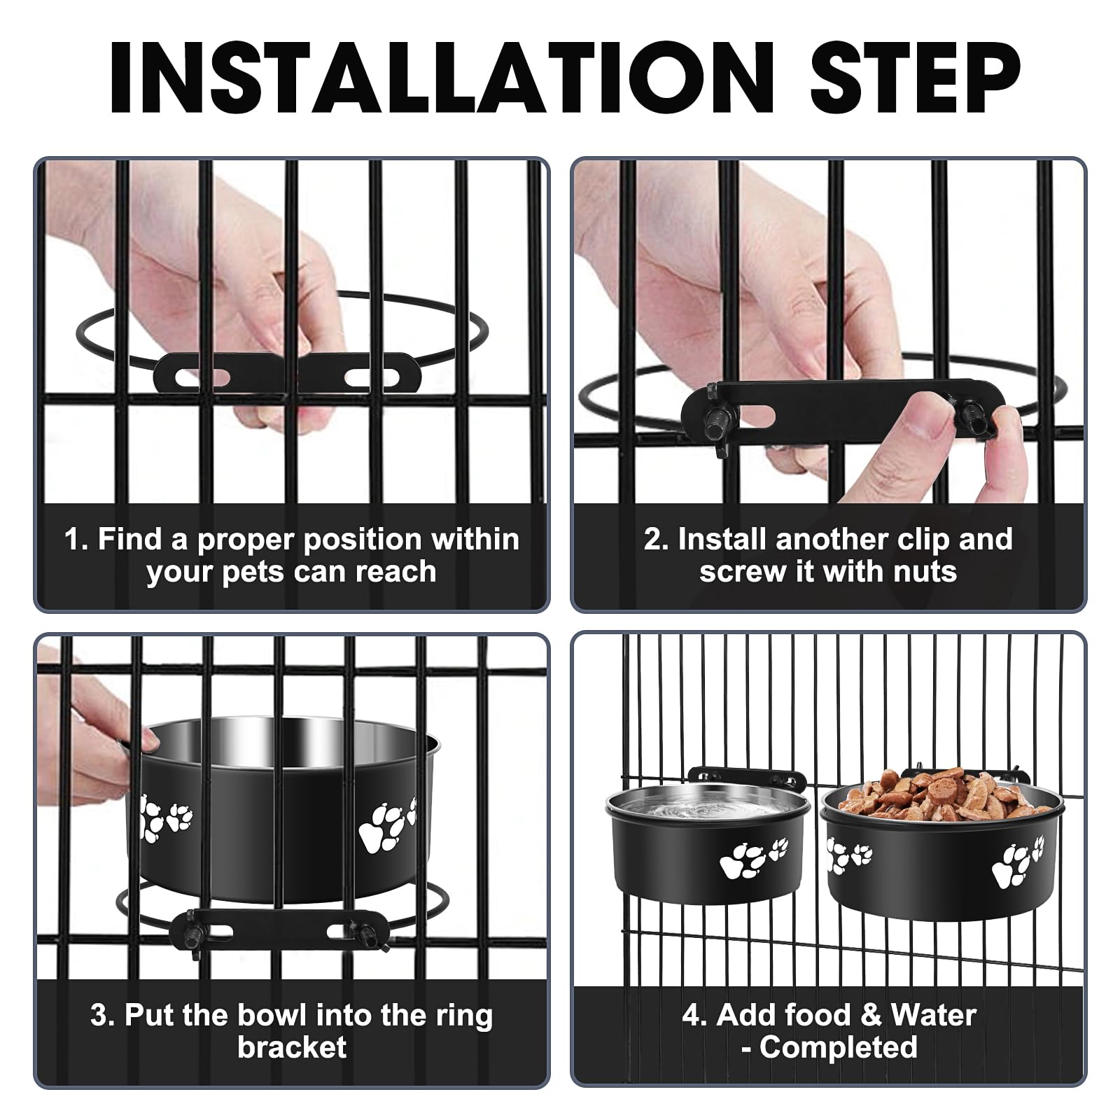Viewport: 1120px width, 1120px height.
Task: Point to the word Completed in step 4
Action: tap(838, 1047)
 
